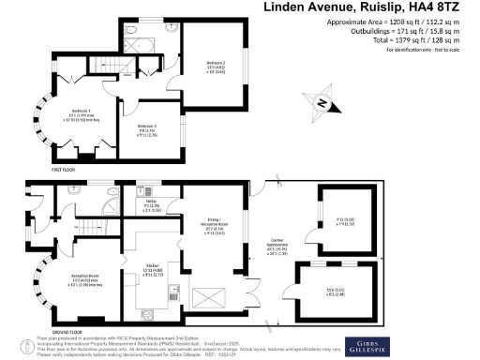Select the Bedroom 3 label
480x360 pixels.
pos(147,127)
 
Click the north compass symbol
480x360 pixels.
pos(322,104)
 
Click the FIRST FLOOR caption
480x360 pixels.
pos(64,170)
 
